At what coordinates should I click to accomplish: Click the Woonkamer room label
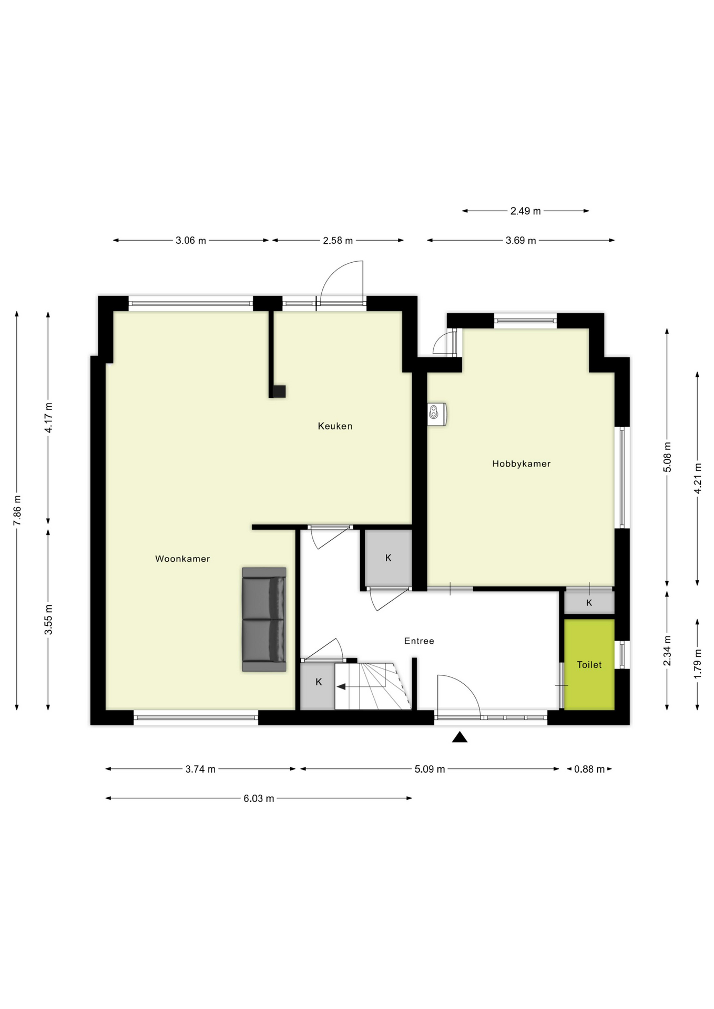click(x=182, y=559)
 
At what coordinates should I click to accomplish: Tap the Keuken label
click(x=335, y=426)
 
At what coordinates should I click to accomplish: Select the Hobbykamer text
click(x=521, y=464)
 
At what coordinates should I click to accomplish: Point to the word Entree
click(x=419, y=641)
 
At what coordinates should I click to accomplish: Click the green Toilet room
click(x=589, y=665)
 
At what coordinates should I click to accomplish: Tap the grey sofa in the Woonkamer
click(x=264, y=619)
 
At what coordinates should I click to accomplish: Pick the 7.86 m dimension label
click(x=17, y=510)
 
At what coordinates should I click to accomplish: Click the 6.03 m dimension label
click(x=259, y=798)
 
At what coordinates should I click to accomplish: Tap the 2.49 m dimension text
click(x=525, y=211)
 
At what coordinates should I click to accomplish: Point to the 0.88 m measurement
click(x=589, y=769)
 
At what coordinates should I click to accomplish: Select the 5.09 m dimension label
click(x=430, y=769)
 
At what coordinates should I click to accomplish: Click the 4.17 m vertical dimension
click(x=48, y=417)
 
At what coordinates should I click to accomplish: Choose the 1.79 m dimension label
click(x=698, y=663)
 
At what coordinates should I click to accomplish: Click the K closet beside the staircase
click(x=318, y=682)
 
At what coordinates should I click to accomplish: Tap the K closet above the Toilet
click(x=589, y=603)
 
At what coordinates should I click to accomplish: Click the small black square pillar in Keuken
click(x=279, y=392)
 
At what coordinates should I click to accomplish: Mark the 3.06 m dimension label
click(x=191, y=240)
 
